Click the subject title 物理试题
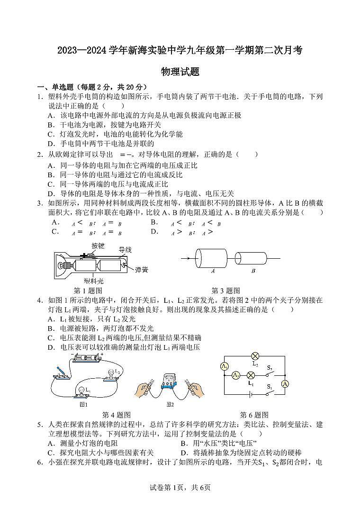[x=180, y=72]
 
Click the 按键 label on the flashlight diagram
[x=98, y=246]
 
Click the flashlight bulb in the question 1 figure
[x=63, y=263]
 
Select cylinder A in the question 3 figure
[x=213, y=258]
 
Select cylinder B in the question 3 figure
[x=253, y=258]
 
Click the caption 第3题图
[x=225, y=291]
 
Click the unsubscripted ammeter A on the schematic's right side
[x=285, y=383]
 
